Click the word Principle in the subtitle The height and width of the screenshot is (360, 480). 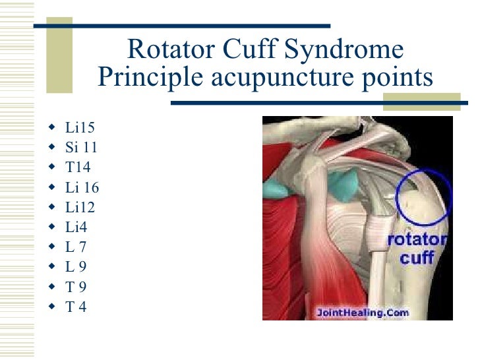coord(151,78)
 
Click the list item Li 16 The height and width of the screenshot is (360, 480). coord(82,187)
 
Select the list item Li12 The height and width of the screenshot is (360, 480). coord(80,208)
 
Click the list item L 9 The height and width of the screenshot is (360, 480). coord(76,267)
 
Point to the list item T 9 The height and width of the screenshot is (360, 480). coord(76,287)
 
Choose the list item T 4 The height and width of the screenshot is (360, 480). coord(76,307)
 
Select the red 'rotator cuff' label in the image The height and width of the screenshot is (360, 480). coord(418,248)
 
